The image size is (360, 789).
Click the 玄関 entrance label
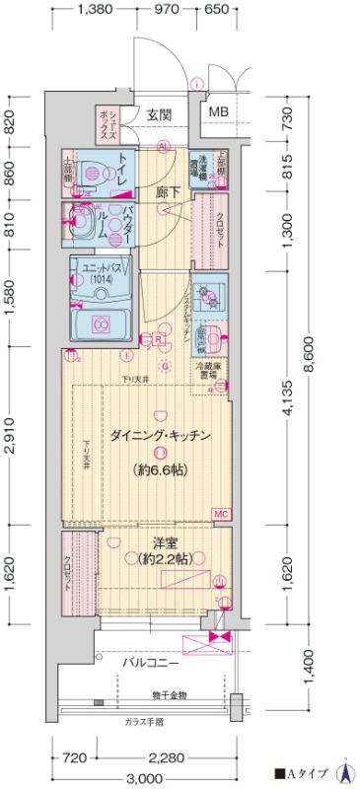tap(160, 114)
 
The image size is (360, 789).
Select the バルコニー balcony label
tap(150, 664)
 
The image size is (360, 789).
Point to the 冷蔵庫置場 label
tap(217, 371)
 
